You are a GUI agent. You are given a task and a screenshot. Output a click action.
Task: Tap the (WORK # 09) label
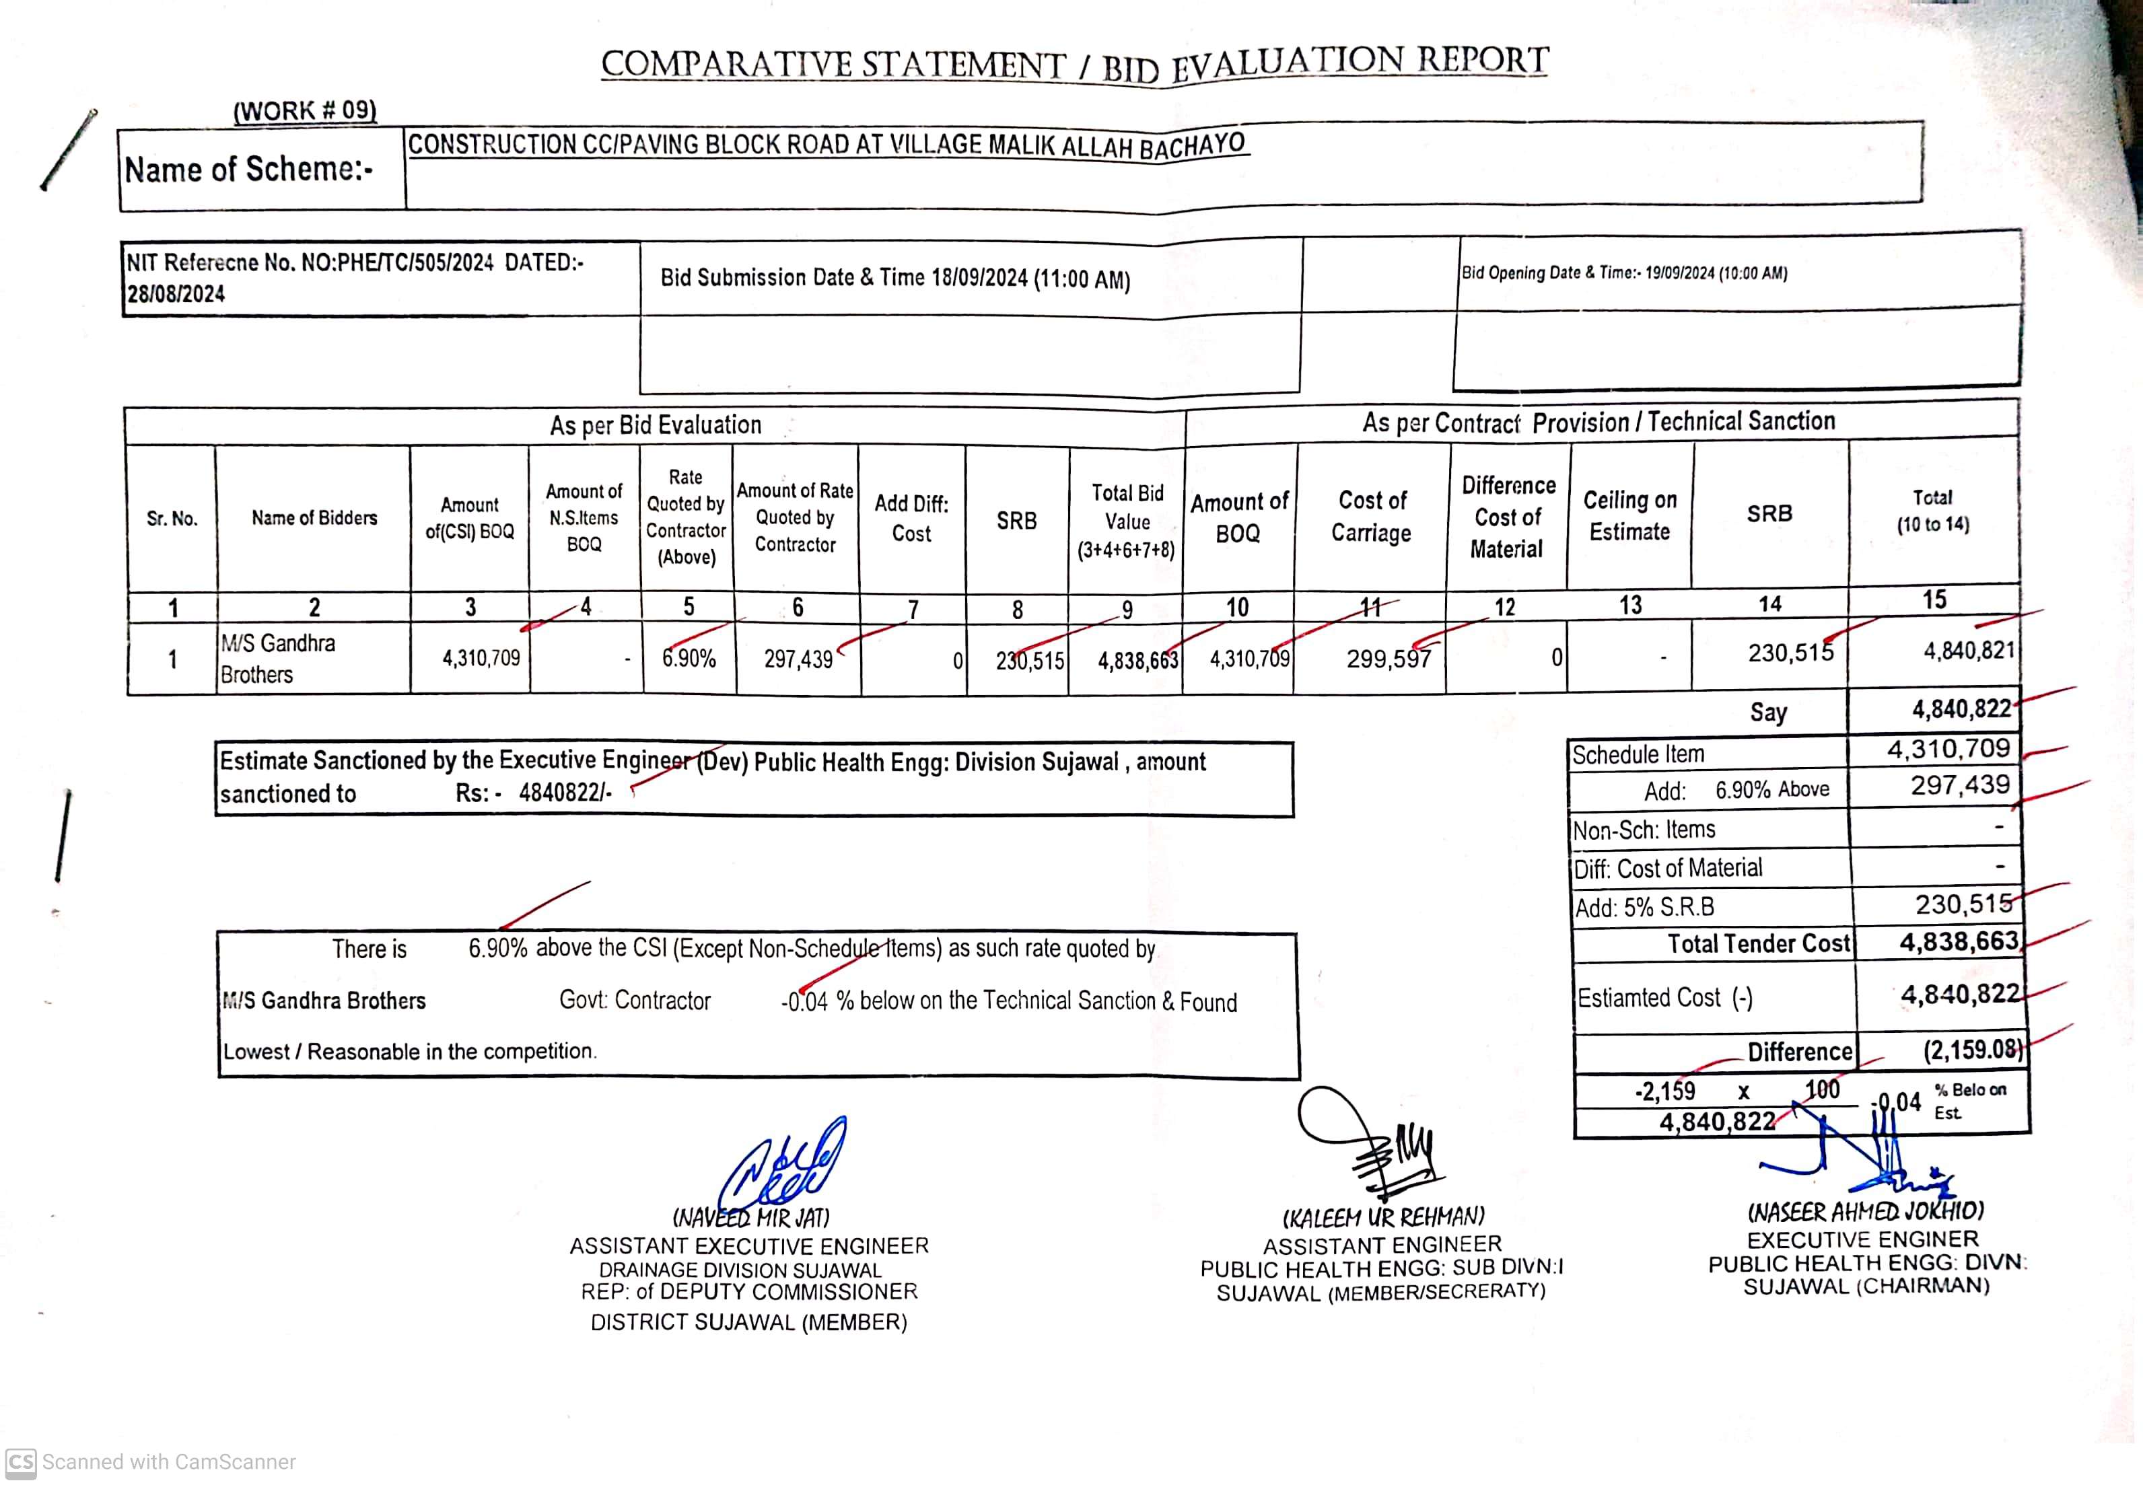[x=305, y=111]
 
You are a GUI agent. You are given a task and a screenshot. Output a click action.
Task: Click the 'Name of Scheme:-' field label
[x=250, y=170]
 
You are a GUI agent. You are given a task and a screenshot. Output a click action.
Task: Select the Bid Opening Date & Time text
[x=1624, y=273]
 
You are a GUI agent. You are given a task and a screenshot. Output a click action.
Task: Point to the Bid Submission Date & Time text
[x=895, y=277]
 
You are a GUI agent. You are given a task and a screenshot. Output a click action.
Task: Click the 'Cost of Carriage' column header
[x=1372, y=516]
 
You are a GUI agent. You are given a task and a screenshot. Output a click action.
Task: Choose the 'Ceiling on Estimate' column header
[x=1629, y=515]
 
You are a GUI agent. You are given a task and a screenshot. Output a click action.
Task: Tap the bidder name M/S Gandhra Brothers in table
[x=277, y=658]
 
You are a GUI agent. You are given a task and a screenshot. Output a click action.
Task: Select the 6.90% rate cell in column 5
[x=689, y=659]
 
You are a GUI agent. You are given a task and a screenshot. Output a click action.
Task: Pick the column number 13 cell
[x=1630, y=606]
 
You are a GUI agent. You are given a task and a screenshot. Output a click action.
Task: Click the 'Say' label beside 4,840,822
[x=1768, y=712]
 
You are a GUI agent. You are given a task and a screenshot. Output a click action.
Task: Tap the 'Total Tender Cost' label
[x=1758, y=943]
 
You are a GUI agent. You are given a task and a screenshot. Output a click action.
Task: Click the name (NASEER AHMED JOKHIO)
[x=1865, y=1211]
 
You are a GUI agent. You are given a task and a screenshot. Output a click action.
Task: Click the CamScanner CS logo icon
[x=20, y=1461]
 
